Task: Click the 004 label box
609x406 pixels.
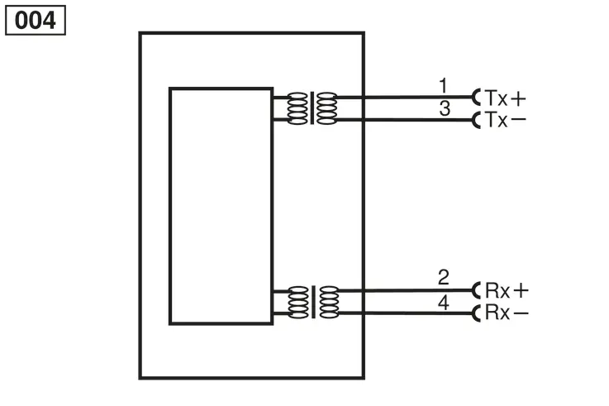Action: pos(36,20)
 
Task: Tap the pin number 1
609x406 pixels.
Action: pos(443,85)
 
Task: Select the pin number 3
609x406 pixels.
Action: pos(445,108)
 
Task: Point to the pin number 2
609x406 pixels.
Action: pos(444,277)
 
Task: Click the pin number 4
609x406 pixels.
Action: pos(444,303)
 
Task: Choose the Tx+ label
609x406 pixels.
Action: pos(505,98)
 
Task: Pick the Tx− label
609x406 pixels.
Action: pos(505,120)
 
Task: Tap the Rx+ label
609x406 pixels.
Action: pos(507,290)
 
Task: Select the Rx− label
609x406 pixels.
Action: pos(507,313)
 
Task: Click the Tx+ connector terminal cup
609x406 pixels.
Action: pos(474,97)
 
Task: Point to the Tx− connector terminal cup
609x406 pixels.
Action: pos(474,120)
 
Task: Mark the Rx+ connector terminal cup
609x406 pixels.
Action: pos(474,290)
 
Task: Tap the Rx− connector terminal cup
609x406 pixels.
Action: pos(474,313)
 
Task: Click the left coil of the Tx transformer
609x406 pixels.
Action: pos(297,108)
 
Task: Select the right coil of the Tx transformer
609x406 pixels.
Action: pos(326,108)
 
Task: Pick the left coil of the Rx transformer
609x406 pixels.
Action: pos(298,303)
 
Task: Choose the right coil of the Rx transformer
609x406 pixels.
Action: pos(329,303)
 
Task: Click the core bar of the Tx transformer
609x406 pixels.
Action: pos(312,108)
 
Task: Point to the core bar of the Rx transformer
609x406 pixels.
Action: pos(313,302)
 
